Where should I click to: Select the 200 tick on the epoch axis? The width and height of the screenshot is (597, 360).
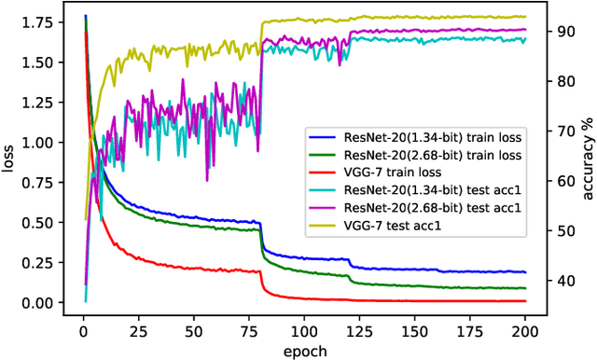524,327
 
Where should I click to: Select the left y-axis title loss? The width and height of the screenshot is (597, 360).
12,160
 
